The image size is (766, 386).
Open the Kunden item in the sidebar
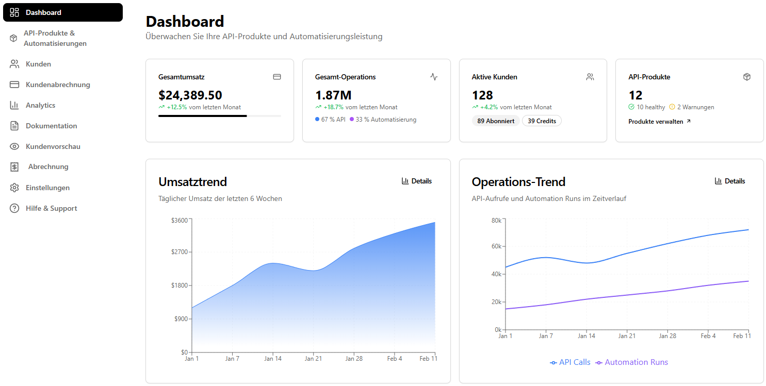(38, 64)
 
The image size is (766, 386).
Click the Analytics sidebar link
(40, 105)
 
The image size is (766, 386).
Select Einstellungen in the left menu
(47, 188)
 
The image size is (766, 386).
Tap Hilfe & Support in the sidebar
(51, 208)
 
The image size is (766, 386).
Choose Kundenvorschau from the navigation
(53, 146)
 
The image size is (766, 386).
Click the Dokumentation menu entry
(51, 126)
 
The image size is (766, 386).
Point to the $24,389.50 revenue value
(190, 95)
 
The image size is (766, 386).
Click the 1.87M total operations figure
(333, 95)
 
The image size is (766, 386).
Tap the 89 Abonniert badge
(495, 121)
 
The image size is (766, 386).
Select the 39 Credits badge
(542, 121)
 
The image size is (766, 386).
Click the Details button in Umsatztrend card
(417, 181)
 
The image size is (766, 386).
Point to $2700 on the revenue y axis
(181, 252)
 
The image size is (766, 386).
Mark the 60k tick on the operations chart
(495, 246)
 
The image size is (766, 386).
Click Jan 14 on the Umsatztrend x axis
(273, 359)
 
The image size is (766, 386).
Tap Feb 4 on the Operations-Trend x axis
(708, 336)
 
